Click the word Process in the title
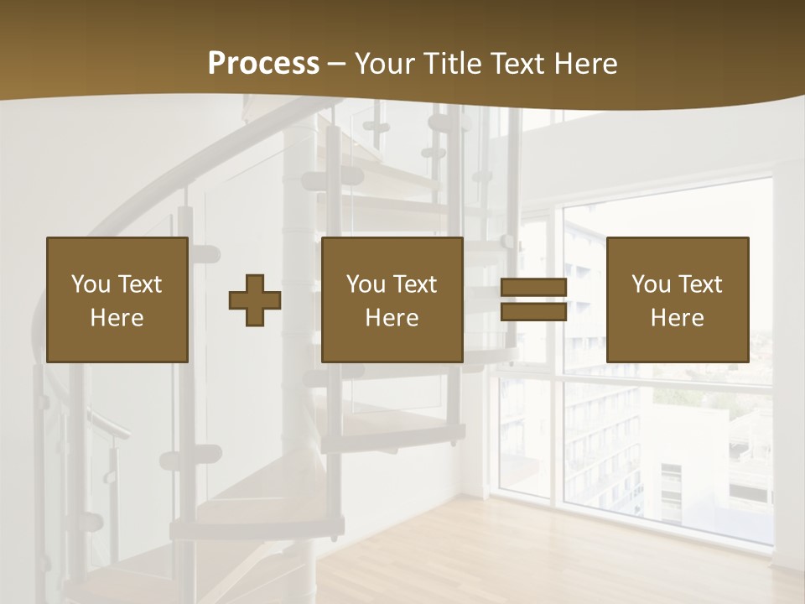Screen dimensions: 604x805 (x=263, y=64)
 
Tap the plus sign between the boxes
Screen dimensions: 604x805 (x=255, y=300)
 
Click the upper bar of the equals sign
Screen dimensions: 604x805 (x=533, y=287)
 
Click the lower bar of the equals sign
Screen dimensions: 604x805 (x=533, y=312)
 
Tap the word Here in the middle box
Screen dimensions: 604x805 (x=392, y=318)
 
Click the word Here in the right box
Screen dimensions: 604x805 (x=678, y=318)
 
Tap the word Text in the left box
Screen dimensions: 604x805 (x=140, y=284)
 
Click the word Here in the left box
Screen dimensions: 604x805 (x=117, y=318)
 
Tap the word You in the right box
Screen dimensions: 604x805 (x=652, y=284)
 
